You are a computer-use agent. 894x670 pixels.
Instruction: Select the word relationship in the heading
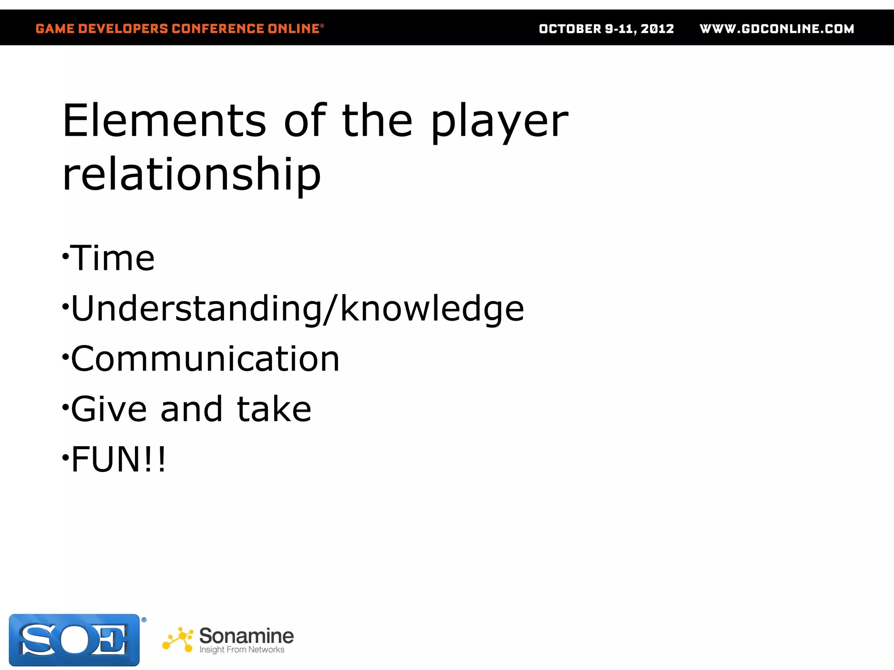(x=192, y=174)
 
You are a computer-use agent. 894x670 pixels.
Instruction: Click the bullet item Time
(x=112, y=258)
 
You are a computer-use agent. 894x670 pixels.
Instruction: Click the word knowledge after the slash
(x=432, y=309)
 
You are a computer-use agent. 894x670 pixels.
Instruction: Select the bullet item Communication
(x=205, y=359)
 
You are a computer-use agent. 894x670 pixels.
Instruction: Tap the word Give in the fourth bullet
(x=109, y=409)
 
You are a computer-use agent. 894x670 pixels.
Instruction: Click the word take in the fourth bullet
(x=274, y=409)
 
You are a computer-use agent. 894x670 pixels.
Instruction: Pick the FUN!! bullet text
(x=118, y=459)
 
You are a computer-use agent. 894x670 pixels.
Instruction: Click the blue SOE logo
(x=74, y=639)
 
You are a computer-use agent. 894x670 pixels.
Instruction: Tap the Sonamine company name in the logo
(x=246, y=636)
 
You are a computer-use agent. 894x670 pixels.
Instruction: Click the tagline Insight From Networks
(x=242, y=650)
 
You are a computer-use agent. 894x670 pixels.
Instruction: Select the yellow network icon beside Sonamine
(x=178, y=640)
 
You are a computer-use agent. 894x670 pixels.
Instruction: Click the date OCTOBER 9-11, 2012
(x=606, y=29)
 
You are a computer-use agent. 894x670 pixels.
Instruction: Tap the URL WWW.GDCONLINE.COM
(x=777, y=29)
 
